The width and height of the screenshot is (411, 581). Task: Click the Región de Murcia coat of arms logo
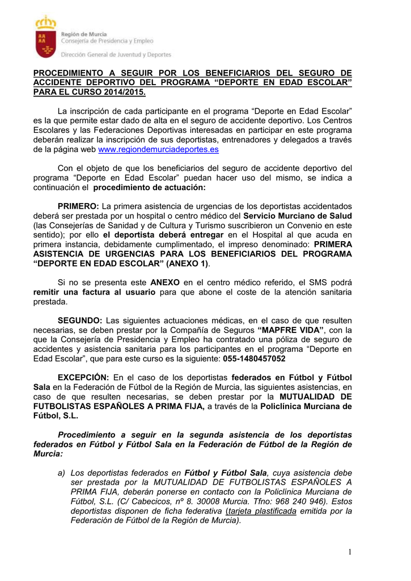[46, 37]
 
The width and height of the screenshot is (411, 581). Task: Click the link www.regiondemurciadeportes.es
[158, 149]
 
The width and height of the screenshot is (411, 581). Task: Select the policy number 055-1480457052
[254, 359]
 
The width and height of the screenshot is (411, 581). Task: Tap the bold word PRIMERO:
[78, 206]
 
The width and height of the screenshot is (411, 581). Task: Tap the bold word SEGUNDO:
[80, 321]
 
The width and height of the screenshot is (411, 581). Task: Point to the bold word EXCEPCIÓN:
[83, 378]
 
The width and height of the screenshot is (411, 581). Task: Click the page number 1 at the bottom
[350, 551]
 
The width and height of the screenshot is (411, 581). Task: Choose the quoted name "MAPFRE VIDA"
[291, 330]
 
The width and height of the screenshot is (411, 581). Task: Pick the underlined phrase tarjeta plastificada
[262, 511]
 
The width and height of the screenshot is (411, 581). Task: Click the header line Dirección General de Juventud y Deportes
[116, 55]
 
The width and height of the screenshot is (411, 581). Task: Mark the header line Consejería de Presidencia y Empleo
[107, 41]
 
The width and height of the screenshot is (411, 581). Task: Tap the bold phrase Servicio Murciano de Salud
[298, 216]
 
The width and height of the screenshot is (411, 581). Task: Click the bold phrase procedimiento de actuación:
[150, 187]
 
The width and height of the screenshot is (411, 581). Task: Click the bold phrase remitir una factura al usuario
[94, 292]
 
